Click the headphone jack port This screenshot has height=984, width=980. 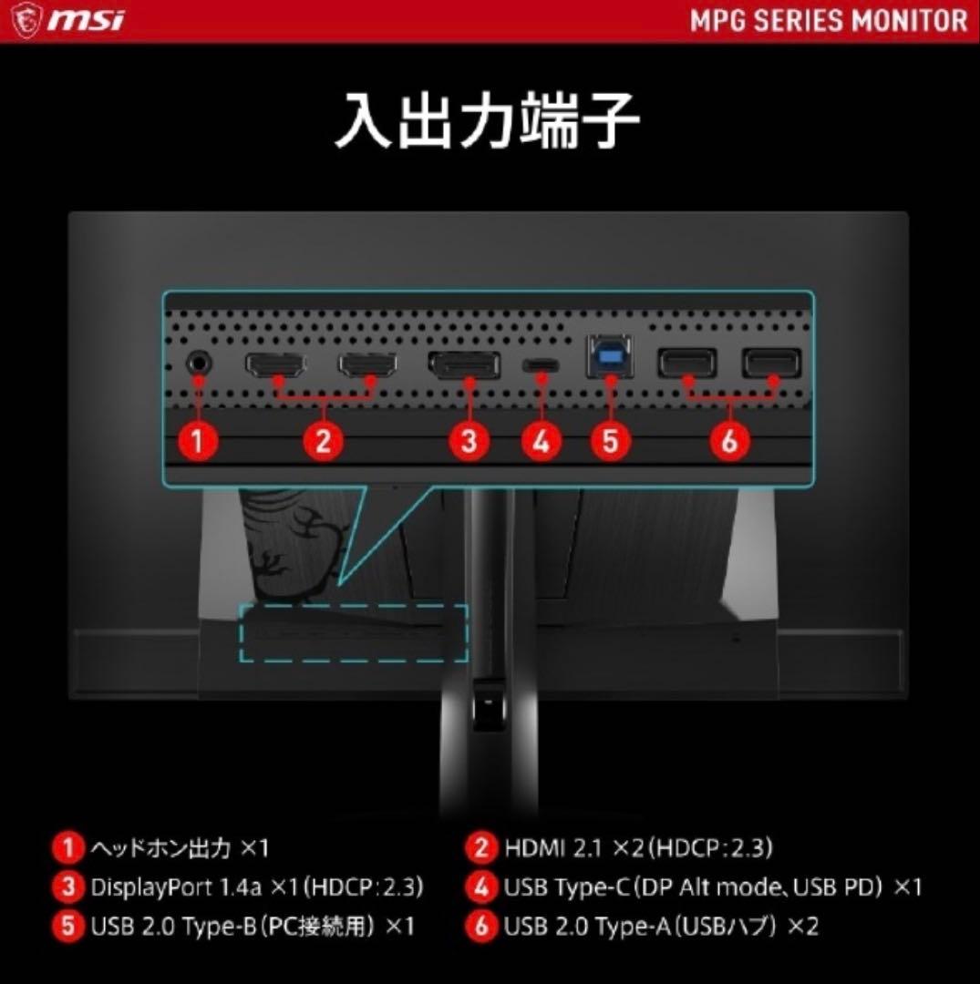(198, 363)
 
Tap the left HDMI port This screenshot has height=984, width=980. (275, 364)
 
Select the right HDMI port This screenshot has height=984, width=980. (368, 364)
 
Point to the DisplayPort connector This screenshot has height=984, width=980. (464, 365)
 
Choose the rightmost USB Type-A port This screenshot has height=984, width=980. (770, 364)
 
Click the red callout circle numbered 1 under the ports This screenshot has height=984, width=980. (198, 442)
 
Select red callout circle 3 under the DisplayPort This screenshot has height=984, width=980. (469, 442)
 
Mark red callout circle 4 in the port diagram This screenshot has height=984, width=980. (542, 442)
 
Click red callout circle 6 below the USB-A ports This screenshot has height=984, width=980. (728, 442)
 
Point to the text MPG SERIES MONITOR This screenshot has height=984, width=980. (828, 20)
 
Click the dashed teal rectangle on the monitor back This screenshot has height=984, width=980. (353, 632)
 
